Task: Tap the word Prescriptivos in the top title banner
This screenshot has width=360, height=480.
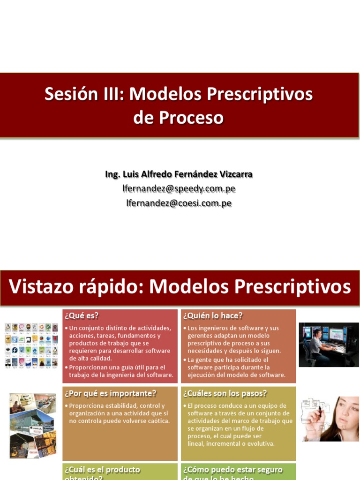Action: tap(260, 94)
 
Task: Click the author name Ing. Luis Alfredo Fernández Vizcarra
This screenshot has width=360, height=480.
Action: tap(179, 174)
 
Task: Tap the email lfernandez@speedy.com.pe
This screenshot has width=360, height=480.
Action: tap(179, 188)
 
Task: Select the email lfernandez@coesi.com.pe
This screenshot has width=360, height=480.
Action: tap(179, 203)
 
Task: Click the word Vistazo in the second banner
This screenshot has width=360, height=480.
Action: tap(47, 286)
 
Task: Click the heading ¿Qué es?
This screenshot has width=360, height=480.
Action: tap(82, 315)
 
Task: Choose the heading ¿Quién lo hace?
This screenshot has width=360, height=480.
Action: tap(213, 315)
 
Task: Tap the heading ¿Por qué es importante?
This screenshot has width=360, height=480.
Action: tap(110, 393)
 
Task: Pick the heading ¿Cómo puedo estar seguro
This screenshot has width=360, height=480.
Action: tap(233, 469)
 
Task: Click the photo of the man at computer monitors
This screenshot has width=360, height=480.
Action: tap(329, 344)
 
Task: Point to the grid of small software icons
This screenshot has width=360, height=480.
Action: tap(31, 345)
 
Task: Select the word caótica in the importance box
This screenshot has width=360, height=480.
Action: tap(156, 421)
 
